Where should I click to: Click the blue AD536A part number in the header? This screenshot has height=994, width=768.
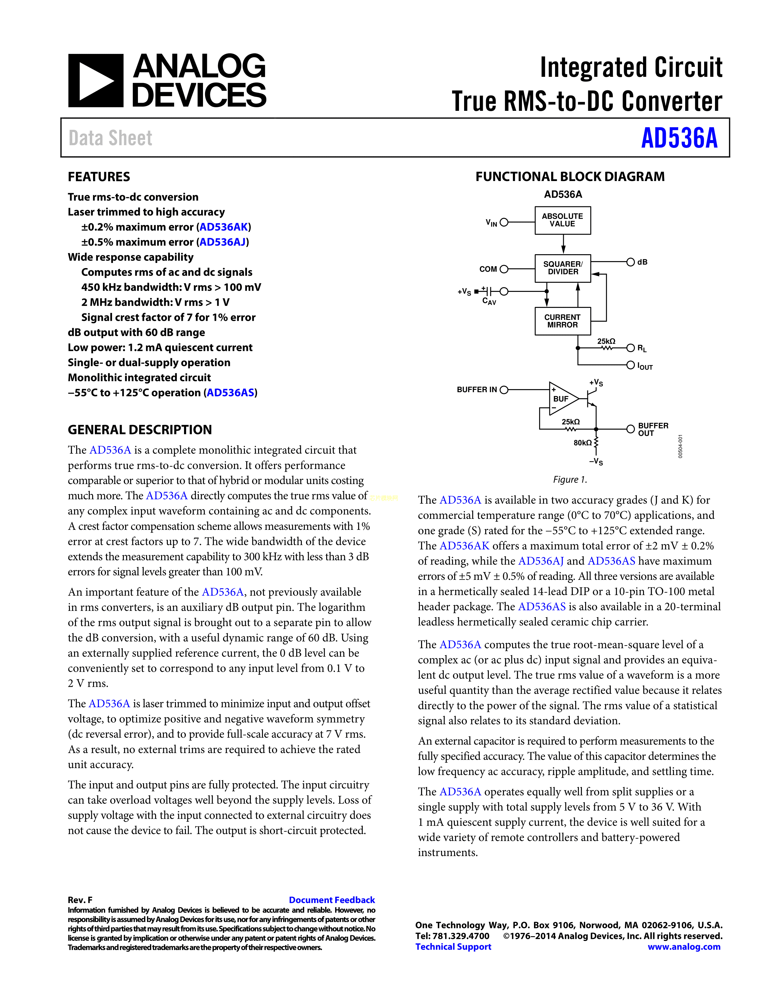[679, 138]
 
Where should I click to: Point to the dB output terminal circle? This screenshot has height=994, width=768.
[630, 262]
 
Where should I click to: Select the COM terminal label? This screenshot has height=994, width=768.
[488, 269]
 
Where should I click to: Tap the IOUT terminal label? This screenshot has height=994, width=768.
[645, 366]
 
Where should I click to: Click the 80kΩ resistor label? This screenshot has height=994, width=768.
[582, 443]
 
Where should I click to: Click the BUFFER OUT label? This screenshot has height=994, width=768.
[653, 429]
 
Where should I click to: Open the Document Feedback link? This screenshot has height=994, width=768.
[332, 900]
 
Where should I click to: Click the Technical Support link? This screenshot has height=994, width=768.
[453, 947]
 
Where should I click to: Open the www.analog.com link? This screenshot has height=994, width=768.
[684, 947]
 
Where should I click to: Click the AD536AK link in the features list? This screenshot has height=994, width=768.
[223, 227]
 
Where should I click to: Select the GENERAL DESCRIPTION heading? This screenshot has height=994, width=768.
[140, 430]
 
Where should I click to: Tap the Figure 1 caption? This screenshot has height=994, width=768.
[570, 479]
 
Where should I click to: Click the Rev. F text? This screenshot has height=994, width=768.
[80, 900]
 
